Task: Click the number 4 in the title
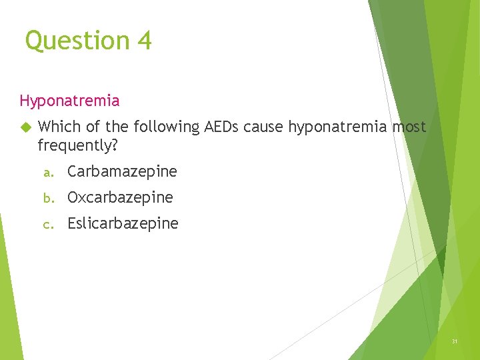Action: click(x=145, y=41)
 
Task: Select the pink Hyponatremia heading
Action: click(x=69, y=101)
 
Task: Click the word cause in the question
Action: click(x=265, y=127)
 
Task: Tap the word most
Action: click(x=409, y=127)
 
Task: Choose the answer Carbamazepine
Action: click(x=122, y=171)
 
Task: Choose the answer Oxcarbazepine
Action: click(x=120, y=198)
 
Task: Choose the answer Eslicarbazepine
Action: click(x=123, y=224)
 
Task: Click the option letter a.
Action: click(x=47, y=173)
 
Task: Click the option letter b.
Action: click(x=47, y=198)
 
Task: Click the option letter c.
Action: click(x=47, y=225)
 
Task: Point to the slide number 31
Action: click(x=455, y=341)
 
